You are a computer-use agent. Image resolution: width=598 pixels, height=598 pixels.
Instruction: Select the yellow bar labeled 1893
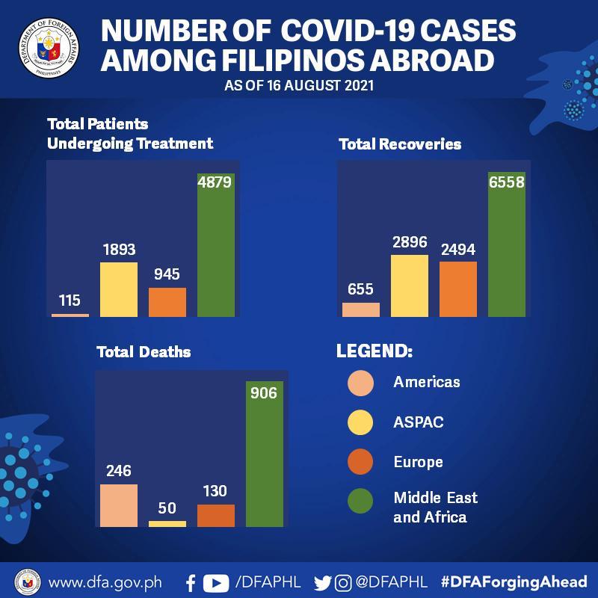coord(119,289)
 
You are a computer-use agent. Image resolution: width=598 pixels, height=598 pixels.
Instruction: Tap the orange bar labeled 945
coord(167,302)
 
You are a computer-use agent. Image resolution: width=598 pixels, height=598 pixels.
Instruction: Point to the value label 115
coord(70,300)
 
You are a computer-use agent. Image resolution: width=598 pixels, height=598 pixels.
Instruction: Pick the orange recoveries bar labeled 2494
coord(458,289)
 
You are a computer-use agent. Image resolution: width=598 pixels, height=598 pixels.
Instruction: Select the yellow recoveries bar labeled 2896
coord(410,286)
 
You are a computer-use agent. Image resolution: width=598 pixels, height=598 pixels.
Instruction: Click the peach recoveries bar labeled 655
coord(361,309)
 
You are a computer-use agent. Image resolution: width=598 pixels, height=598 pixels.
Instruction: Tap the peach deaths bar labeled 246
coord(119,505)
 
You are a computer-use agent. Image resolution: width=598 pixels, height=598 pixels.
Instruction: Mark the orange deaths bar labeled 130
coord(216,515)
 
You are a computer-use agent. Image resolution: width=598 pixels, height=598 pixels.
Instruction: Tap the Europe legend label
coord(418,462)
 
